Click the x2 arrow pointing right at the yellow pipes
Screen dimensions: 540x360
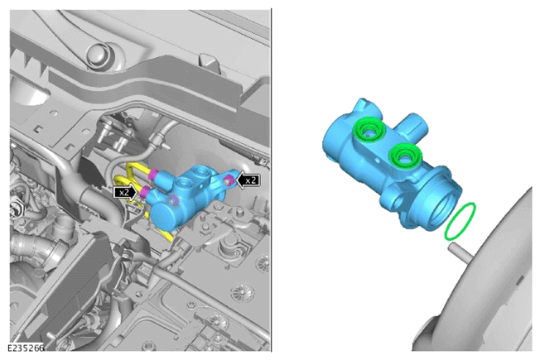[x=125, y=192]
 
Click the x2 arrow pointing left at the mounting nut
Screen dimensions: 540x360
[x=248, y=180]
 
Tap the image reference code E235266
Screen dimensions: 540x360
[x=27, y=348]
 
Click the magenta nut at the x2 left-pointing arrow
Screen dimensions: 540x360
[x=228, y=180]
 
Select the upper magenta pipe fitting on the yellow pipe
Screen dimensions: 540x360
[x=153, y=175]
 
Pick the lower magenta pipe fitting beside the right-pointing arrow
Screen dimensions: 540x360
[x=143, y=191]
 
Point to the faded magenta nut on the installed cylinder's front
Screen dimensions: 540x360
[x=174, y=200]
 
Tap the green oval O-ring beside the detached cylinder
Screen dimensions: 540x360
[x=460, y=221]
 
